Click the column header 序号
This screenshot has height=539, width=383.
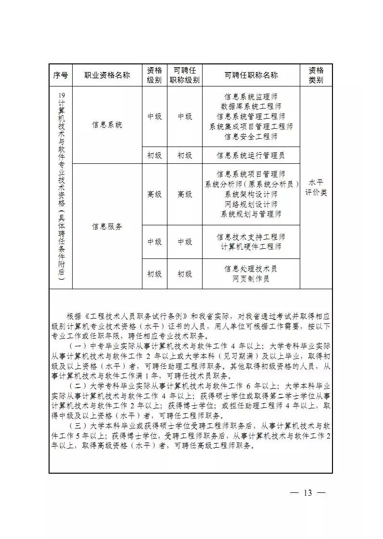(x=60, y=75)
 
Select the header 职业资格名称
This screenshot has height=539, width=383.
(x=107, y=75)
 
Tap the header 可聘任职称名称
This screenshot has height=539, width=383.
(x=251, y=75)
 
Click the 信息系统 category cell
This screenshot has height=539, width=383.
(x=107, y=125)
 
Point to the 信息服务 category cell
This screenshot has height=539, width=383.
(x=107, y=226)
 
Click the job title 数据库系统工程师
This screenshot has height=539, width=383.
(x=251, y=106)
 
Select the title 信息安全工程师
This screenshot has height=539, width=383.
(x=251, y=136)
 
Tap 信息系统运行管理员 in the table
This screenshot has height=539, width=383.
(x=251, y=155)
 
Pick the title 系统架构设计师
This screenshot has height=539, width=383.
(x=251, y=194)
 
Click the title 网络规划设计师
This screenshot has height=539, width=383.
(x=251, y=204)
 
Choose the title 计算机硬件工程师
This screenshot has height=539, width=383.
(x=251, y=247)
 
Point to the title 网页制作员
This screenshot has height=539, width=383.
(x=251, y=279)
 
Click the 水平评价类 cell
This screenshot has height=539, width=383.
(x=316, y=187)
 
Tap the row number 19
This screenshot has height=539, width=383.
(x=61, y=95)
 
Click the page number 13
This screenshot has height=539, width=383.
(x=308, y=493)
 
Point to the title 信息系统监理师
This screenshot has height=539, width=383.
(x=251, y=96)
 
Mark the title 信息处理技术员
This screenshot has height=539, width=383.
(x=251, y=269)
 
